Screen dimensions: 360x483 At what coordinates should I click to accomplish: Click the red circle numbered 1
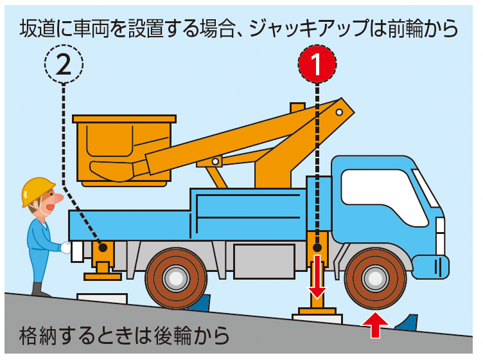pos(317,64)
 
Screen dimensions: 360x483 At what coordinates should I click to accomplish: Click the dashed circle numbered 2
pos(64,64)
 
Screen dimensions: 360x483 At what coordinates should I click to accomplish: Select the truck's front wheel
pos(375,278)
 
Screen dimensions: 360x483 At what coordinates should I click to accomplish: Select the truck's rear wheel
pos(175,278)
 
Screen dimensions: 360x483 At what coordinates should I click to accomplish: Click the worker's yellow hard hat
pos(37,190)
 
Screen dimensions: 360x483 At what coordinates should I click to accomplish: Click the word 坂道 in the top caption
pos(38,28)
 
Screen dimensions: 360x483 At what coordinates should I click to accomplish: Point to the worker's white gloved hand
pos(66,248)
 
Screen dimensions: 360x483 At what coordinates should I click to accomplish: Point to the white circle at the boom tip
pos(339,113)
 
